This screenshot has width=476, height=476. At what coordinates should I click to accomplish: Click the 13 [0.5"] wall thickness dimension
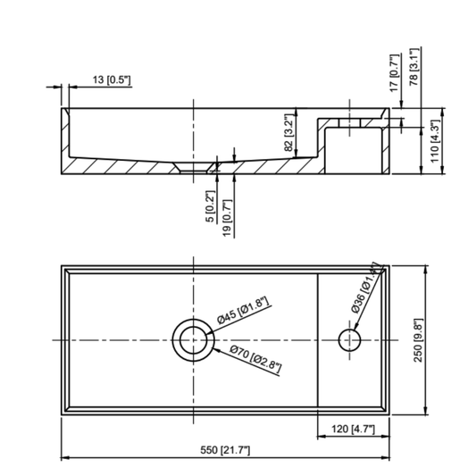(x=112, y=80)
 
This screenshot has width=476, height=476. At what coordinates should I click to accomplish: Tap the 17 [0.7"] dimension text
(x=394, y=71)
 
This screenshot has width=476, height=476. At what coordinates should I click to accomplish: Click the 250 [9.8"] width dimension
(x=437, y=340)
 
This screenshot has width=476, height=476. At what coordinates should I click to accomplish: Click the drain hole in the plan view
(x=192, y=340)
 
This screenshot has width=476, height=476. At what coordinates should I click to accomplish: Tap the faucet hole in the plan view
(x=348, y=340)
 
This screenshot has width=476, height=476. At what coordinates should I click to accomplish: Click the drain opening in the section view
(x=193, y=167)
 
